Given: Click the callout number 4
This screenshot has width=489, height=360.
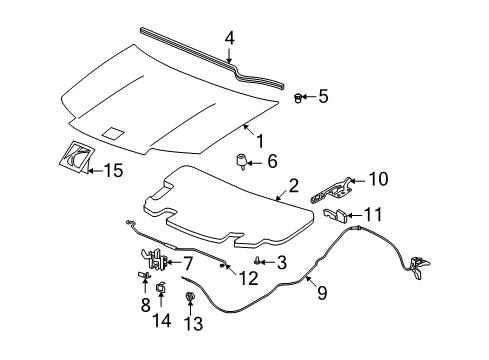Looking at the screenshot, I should click(229, 40).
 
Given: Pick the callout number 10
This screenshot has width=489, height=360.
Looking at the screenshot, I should click(378, 179).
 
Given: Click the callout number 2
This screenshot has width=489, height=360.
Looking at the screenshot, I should click(294, 184).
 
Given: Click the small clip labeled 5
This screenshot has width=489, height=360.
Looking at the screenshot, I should click(299, 97).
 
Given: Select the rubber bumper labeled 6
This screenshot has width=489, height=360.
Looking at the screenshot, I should click(242, 161).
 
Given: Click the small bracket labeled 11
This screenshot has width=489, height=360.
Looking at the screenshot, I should click(340, 214).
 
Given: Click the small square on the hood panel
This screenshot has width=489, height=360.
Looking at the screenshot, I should click(113, 132).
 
